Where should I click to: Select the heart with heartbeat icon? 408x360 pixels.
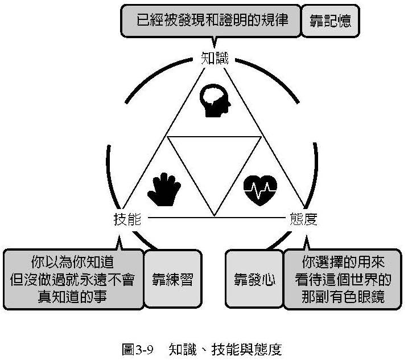pyautogui.click(x=260, y=189)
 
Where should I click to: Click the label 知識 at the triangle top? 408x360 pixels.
pyautogui.click(x=214, y=58)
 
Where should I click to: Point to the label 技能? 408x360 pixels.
pyautogui.click(x=127, y=219)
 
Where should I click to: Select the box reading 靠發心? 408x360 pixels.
pyautogui.click(x=255, y=280)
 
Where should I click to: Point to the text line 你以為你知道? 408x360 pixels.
pyautogui.click(x=72, y=263)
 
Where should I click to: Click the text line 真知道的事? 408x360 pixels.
pyautogui.click(x=72, y=296)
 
